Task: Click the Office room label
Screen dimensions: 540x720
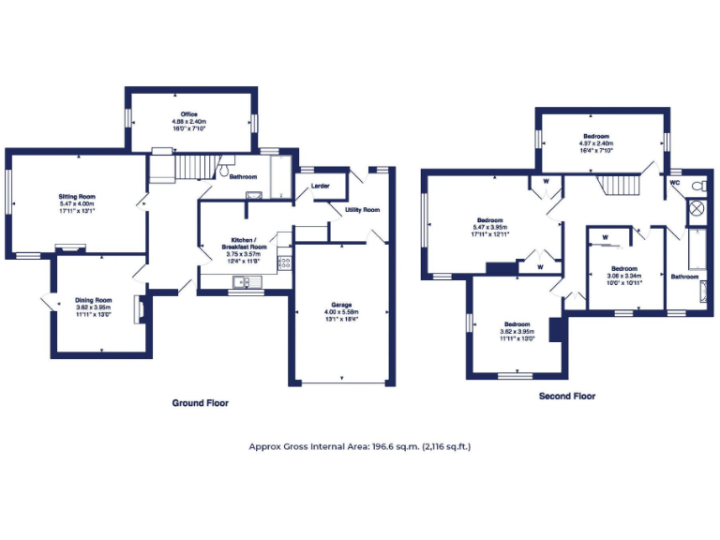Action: (x=189, y=114)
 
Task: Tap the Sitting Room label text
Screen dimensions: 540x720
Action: (x=78, y=197)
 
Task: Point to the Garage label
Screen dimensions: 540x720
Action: (x=340, y=305)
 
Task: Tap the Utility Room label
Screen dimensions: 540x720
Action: (x=362, y=209)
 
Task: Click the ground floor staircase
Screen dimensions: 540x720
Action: (x=174, y=168)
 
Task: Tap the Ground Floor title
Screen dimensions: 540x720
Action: (x=200, y=403)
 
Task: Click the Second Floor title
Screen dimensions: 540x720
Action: (x=566, y=397)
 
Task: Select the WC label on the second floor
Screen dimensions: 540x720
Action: (x=674, y=183)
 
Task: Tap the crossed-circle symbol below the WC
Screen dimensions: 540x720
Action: (x=697, y=209)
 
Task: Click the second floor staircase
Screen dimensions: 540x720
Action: (x=619, y=185)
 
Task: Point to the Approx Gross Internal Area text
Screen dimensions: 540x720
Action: (x=359, y=446)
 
